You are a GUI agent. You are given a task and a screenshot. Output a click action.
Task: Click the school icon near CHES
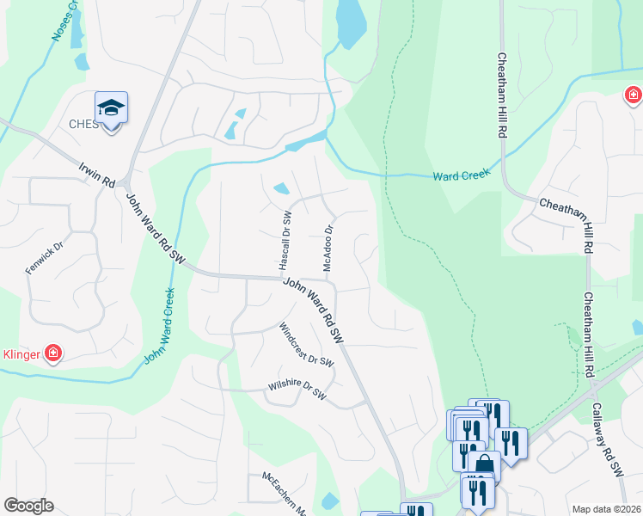click(111, 108)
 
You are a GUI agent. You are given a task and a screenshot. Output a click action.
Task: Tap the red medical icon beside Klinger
click(53, 353)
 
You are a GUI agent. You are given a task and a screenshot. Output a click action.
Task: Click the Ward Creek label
click(461, 175)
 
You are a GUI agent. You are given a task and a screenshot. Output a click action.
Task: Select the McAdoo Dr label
click(328, 249)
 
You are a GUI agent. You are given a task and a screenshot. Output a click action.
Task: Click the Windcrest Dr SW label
click(306, 345)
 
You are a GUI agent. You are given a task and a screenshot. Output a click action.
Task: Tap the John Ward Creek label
click(159, 325)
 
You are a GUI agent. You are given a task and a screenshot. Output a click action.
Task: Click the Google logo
click(28, 506)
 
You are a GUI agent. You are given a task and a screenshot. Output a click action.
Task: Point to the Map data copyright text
click(605, 509)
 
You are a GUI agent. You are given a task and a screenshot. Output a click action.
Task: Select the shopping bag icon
click(485, 465)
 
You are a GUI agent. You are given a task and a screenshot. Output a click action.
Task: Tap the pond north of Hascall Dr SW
click(281, 188)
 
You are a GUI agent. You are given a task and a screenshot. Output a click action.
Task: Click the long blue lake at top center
click(350, 23)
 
